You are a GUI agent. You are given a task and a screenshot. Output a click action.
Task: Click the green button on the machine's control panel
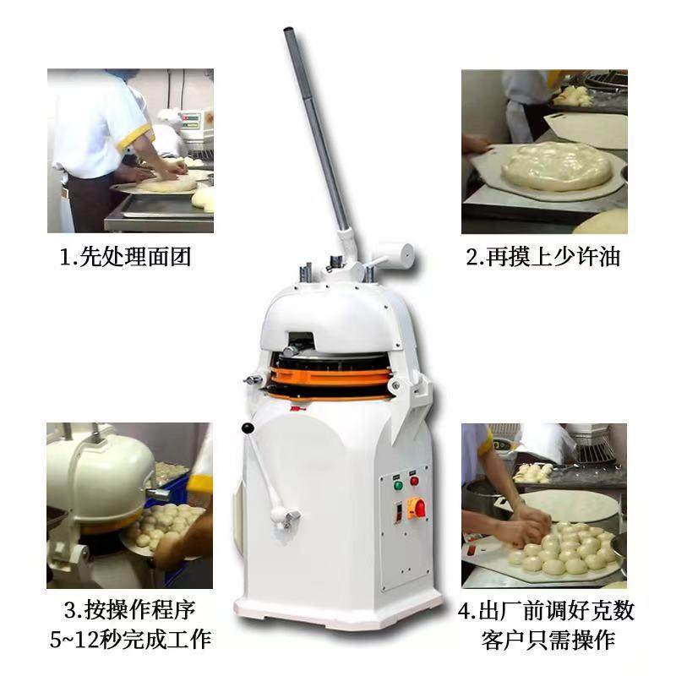pos(398,485)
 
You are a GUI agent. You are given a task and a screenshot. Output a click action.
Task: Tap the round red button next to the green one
pos(414,481)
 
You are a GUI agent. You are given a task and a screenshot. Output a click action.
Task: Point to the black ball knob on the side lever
pos(248,429)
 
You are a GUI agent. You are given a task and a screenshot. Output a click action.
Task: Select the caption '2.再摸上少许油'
pos(543,257)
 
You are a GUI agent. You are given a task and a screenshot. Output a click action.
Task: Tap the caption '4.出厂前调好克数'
pos(546,609)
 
